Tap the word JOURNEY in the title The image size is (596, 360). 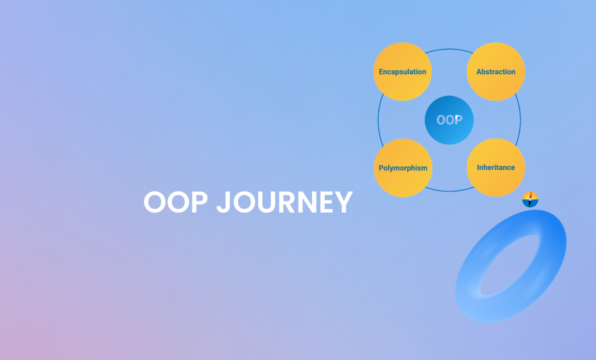[x=284, y=202]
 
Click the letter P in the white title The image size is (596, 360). [x=197, y=202]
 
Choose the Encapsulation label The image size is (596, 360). [x=402, y=71]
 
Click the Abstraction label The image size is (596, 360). [x=495, y=71]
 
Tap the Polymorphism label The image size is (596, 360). [x=402, y=168]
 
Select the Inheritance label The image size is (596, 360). [x=495, y=167]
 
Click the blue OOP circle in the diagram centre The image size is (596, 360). [x=449, y=120]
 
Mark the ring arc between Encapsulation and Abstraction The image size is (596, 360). [x=449, y=49]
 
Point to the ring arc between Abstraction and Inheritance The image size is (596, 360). [x=520, y=120]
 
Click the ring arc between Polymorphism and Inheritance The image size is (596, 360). [x=449, y=191]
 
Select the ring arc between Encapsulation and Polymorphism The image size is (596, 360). [x=378, y=120]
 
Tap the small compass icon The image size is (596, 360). [x=530, y=199]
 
